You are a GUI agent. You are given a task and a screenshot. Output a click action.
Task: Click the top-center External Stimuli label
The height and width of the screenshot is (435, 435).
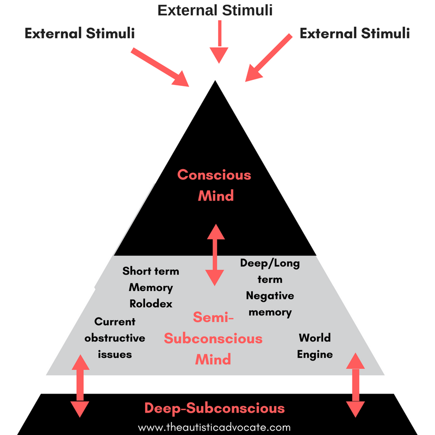click(215, 10)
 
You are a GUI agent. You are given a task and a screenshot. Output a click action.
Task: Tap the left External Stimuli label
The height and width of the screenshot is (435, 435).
click(79, 34)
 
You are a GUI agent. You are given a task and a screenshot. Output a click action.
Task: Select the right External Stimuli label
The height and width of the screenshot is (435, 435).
click(355, 34)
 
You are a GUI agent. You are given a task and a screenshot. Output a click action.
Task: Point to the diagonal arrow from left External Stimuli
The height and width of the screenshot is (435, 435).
click(159, 66)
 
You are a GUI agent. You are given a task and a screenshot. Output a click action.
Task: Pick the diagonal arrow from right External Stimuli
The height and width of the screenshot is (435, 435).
click(271, 58)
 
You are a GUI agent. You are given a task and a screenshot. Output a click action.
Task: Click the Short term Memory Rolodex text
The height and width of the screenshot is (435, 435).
click(151, 287)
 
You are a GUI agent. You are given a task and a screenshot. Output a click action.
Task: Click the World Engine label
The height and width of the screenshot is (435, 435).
click(315, 346)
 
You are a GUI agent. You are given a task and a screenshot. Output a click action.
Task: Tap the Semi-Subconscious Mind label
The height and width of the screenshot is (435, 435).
click(213, 338)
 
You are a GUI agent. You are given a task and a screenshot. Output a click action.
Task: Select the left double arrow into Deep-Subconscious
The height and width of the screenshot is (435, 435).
click(80, 386)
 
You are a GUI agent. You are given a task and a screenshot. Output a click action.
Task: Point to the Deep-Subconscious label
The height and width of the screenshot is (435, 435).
click(214, 408)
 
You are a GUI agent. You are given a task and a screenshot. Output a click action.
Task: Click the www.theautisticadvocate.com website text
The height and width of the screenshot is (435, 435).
click(214, 427)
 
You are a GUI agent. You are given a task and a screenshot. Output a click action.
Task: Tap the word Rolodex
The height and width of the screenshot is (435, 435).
click(151, 303)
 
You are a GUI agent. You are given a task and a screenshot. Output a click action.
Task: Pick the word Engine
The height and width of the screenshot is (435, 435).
click(315, 354)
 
